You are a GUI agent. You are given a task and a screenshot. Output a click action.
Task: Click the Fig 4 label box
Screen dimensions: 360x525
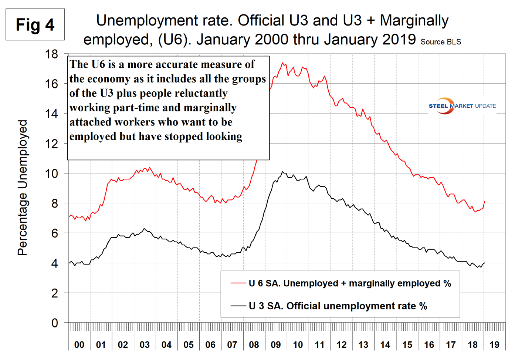coord(35,25)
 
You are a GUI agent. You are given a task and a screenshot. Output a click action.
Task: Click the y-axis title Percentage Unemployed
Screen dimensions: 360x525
coord(23,188)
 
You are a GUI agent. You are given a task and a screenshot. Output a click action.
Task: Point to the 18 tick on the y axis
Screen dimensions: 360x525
coord(52,54)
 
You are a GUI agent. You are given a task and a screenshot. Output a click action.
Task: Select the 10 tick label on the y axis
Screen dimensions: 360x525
coord(52,174)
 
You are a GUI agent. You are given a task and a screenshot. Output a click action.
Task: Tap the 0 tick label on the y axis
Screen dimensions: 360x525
coord(55,323)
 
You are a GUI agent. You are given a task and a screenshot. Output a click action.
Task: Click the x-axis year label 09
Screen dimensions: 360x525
coord(276,345)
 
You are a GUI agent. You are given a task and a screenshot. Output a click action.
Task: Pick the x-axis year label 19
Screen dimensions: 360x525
coord(494,345)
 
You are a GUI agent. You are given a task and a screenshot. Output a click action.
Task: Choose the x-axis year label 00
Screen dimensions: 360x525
coord(79,345)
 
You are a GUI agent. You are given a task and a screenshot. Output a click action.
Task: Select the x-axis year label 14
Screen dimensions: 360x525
coord(385,345)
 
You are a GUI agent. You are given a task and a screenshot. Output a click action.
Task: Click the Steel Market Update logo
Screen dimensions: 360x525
coord(462,106)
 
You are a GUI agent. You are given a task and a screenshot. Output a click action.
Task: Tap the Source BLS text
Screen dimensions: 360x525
coord(441,42)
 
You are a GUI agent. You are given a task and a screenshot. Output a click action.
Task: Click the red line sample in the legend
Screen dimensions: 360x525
coord(238,283)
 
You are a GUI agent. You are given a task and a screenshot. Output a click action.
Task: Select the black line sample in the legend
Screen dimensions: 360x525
coord(238,306)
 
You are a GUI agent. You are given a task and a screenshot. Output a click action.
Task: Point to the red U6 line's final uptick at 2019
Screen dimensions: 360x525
coord(484,202)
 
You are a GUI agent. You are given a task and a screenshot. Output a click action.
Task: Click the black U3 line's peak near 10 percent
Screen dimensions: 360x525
coord(282,172)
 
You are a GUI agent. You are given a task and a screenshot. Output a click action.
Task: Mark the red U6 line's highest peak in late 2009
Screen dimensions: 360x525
coord(282,63)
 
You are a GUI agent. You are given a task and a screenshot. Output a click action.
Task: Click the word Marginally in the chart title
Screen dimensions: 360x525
coord(414,21)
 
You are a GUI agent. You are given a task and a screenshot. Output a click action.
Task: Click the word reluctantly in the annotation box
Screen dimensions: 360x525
coord(201,93)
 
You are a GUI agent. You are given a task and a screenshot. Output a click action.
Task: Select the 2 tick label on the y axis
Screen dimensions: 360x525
coord(55,293)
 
